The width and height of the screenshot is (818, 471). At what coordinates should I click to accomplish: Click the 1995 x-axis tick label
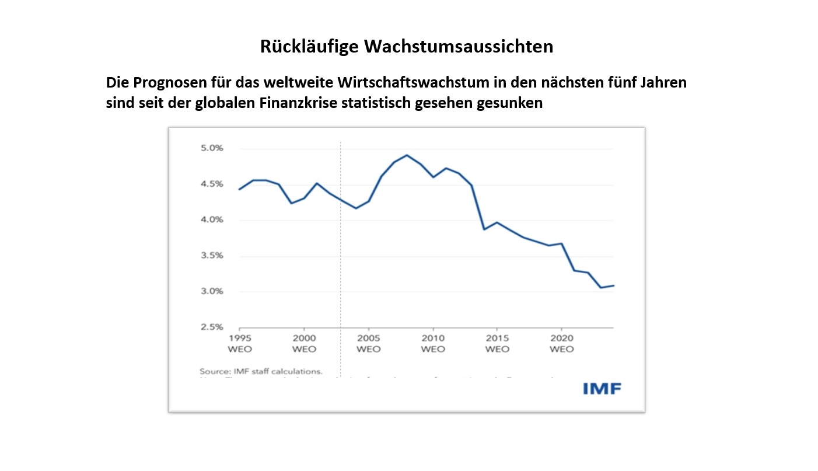click(x=239, y=338)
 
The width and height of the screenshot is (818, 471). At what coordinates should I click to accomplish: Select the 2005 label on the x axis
click(x=368, y=338)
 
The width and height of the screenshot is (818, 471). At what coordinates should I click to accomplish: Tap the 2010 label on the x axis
click(x=433, y=338)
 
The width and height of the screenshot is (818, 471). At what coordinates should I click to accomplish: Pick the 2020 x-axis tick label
click(x=561, y=338)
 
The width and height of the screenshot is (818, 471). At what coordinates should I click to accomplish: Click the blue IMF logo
click(x=602, y=389)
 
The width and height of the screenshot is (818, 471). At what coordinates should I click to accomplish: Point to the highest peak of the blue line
click(x=407, y=155)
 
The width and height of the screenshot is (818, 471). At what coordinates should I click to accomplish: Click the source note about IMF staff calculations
click(x=261, y=371)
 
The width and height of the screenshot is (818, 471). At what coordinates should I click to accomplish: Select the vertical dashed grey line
click(x=340, y=263)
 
